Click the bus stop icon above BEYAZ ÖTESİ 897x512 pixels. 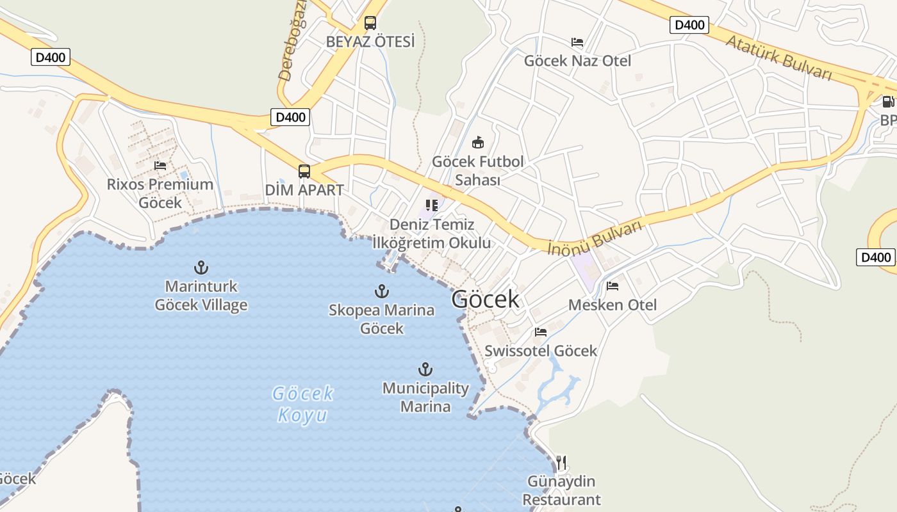370,23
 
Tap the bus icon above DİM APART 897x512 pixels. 304,172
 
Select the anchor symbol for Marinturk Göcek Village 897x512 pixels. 201,268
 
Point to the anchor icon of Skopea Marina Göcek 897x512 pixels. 382,291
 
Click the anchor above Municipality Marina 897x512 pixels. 425,369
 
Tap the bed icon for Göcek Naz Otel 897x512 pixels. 577,42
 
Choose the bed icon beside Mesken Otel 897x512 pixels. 613,286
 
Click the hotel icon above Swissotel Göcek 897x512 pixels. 541,332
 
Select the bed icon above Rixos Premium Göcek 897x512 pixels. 160,166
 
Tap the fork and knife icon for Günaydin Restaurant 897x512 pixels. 561,462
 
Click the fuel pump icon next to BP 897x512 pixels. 888,101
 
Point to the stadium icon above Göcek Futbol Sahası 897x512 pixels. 477,142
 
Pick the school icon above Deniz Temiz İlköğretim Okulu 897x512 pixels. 432,205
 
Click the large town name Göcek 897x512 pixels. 485,299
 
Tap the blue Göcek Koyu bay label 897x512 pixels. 303,404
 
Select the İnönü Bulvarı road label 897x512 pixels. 595,238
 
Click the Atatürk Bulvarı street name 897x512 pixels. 778,58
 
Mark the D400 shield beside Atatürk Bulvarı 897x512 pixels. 689,25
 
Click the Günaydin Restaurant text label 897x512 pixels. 562,490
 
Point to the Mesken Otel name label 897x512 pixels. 613,305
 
